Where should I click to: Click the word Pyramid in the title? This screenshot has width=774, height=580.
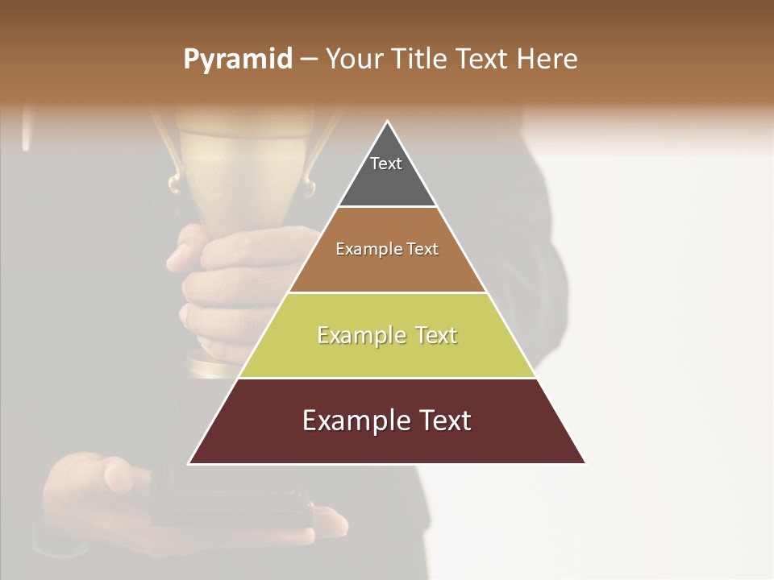tap(238, 60)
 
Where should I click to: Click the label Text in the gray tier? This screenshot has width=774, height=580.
tap(386, 164)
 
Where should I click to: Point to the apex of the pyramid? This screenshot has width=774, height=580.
tap(387, 122)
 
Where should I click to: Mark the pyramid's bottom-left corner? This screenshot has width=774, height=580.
tap(189, 463)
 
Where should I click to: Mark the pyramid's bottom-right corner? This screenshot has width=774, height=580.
tap(585, 463)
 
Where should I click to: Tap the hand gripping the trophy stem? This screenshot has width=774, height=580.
tap(218, 282)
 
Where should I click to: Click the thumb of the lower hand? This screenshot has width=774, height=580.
tap(121, 475)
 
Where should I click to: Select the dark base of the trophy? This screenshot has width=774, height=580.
tap(234, 499)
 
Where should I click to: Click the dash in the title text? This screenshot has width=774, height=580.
tap(309, 60)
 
